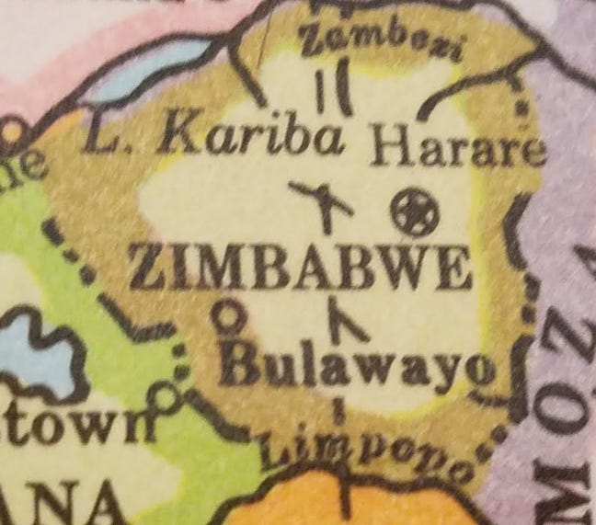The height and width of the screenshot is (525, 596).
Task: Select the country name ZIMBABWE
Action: pos(300,269)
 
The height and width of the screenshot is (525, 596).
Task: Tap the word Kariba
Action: pos(250,137)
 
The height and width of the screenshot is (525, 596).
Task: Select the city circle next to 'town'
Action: pos(166,398)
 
